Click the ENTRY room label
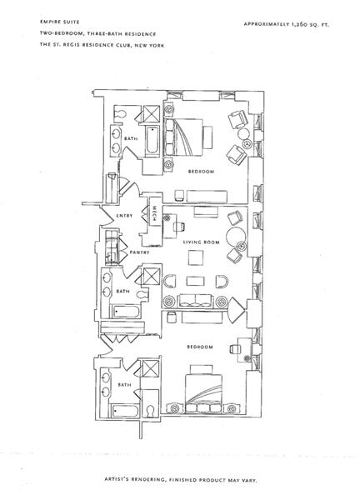coord(124,216)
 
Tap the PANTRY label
coord(139,252)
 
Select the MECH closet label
coord(154,213)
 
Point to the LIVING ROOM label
coord(201,242)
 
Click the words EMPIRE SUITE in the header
coord(60,22)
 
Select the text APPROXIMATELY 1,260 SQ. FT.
coord(286,24)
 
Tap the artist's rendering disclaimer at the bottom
coord(181,480)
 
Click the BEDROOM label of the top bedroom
coord(201,172)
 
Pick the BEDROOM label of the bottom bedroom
coord(200,347)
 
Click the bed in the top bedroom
coord(183,137)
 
